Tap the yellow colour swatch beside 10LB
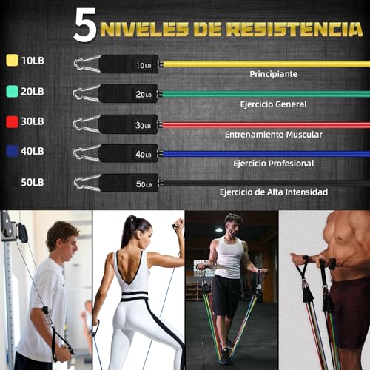[12, 61]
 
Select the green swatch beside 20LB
[12, 91]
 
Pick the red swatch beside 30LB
[12, 121]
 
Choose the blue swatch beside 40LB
[12, 151]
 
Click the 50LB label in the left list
[33, 181]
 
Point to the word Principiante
[273, 74]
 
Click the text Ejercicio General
[273, 104]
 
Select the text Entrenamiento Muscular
[273, 134]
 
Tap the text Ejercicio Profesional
[273, 163]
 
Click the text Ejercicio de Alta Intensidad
[273, 192]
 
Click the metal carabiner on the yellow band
[87, 64]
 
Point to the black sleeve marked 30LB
[129, 124]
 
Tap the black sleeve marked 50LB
[129, 184]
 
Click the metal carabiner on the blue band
[87, 153]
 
